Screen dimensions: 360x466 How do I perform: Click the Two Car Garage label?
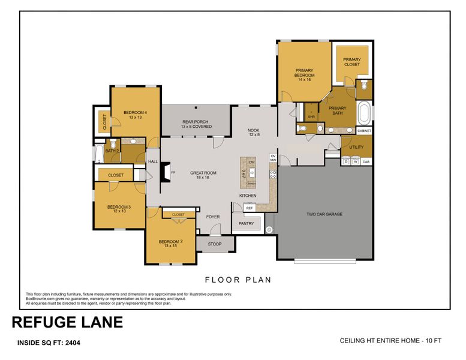coord(324,214)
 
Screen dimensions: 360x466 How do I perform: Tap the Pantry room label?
coord(246,224)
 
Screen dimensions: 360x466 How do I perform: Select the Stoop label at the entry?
coord(214,244)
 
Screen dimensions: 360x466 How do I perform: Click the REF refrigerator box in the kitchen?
coord(249,208)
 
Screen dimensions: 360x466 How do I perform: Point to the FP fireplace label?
coord(173,173)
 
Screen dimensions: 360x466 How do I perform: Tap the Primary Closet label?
coord(352,62)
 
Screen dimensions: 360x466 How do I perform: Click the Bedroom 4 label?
coord(136,115)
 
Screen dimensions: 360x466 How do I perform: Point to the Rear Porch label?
coord(196,124)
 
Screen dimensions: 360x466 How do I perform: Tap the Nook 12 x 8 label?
coord(254,132)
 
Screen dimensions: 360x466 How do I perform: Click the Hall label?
coord(153,161)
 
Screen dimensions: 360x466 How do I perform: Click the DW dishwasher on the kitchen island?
coord(252,163)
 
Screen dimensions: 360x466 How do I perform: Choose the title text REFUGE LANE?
coord(67,322)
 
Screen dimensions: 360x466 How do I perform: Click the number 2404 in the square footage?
coord(70,344)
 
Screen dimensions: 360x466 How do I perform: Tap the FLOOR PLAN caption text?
coord(238,279)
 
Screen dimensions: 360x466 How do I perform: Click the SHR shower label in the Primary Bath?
coord(311,116)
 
